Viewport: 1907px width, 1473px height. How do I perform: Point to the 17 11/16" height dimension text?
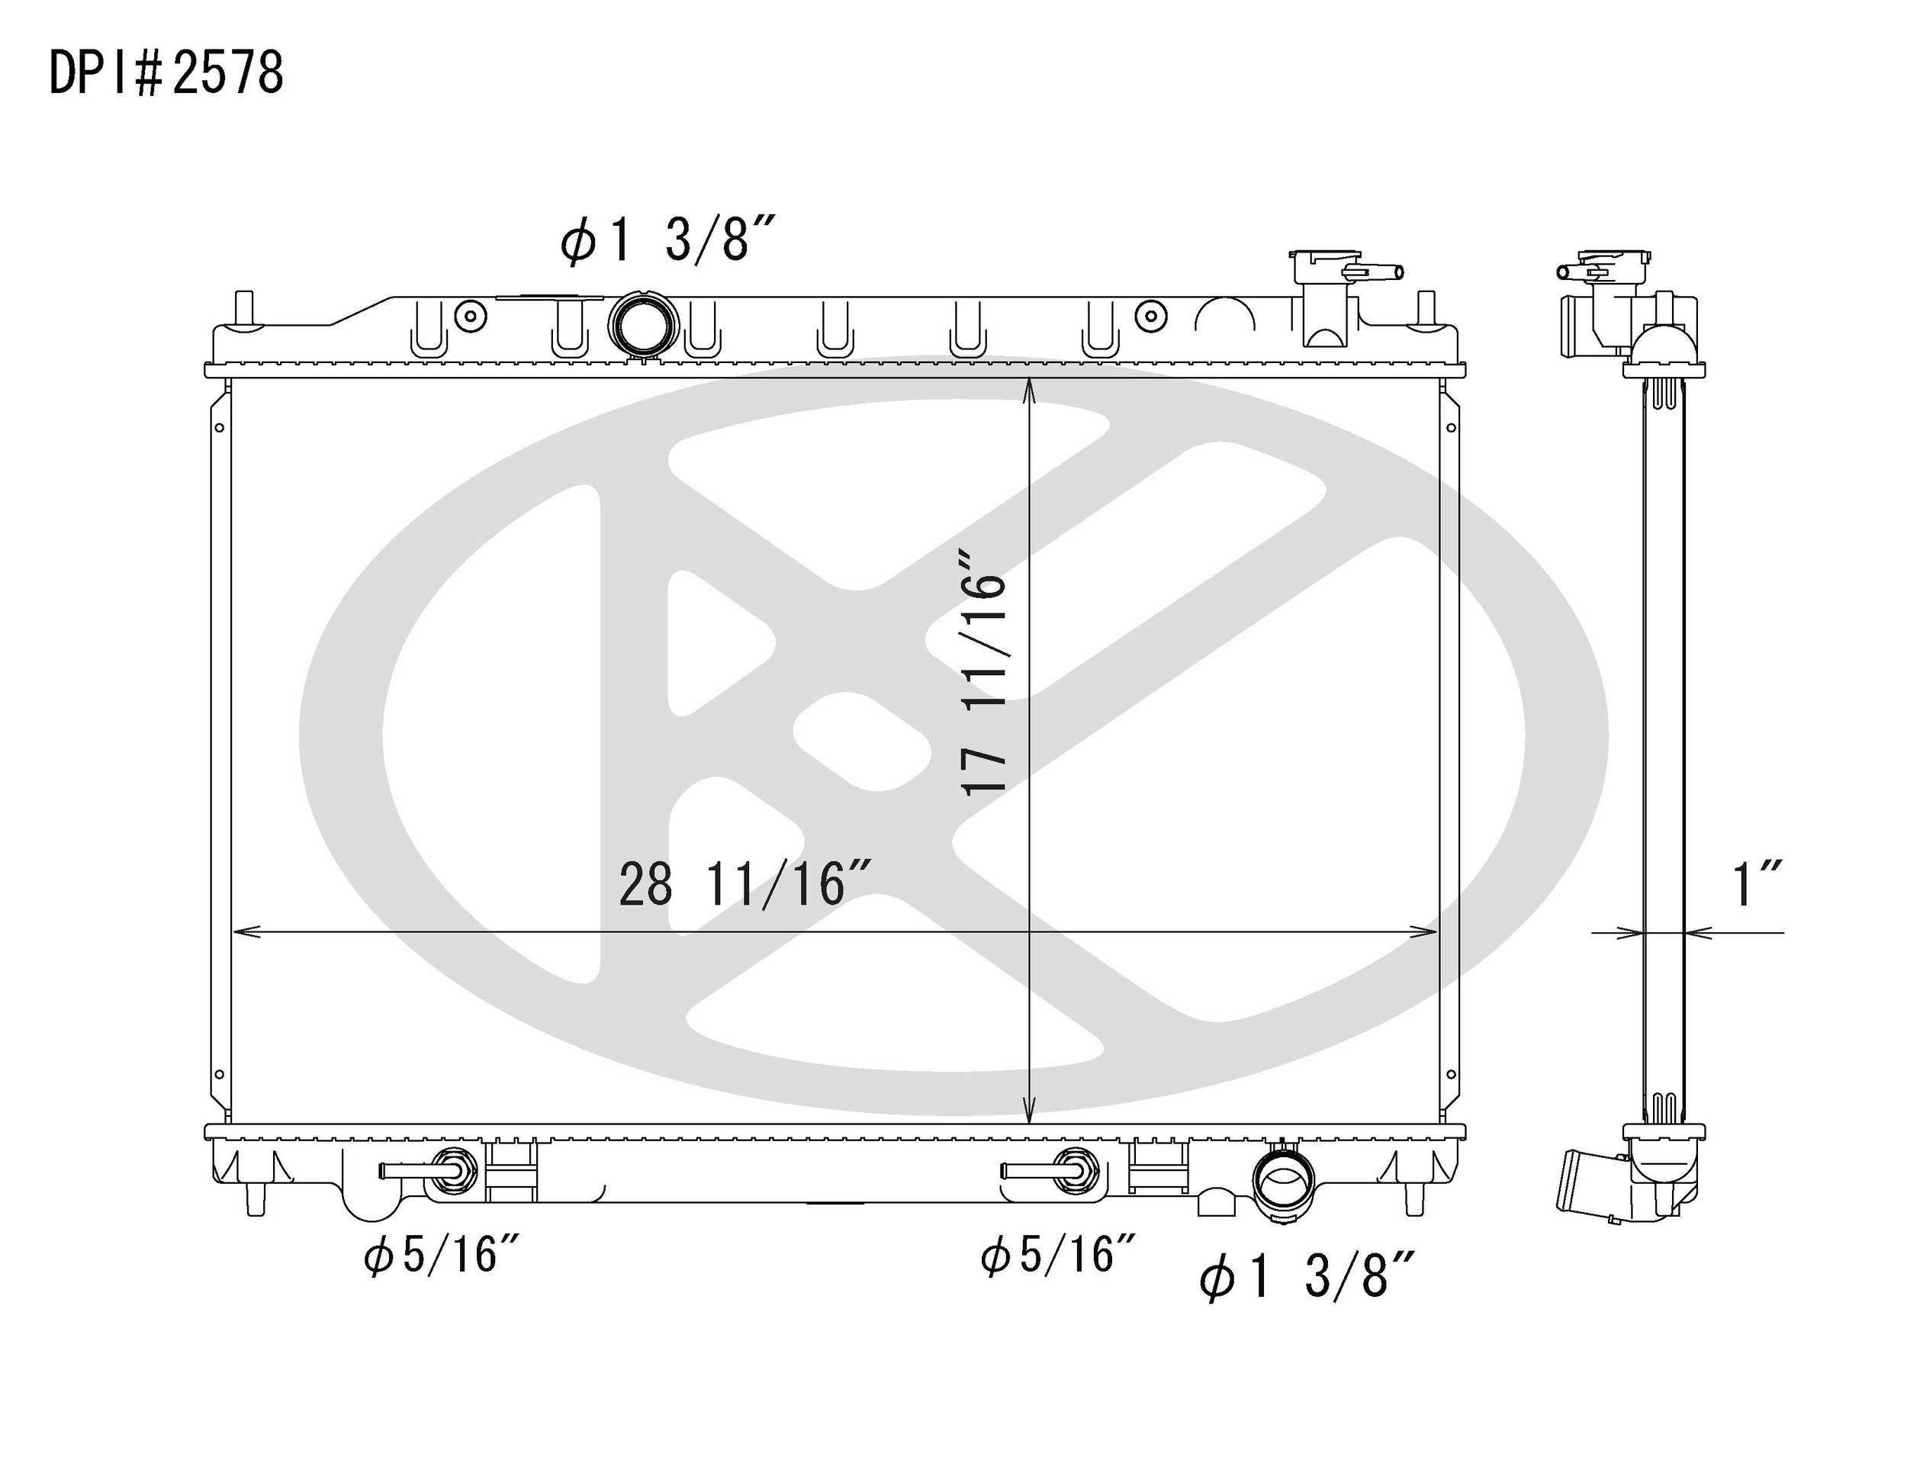pyautogui.click(x=983, y=671)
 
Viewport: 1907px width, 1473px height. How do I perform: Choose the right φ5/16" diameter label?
pyautogui.click(x=1058, y=1256)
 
